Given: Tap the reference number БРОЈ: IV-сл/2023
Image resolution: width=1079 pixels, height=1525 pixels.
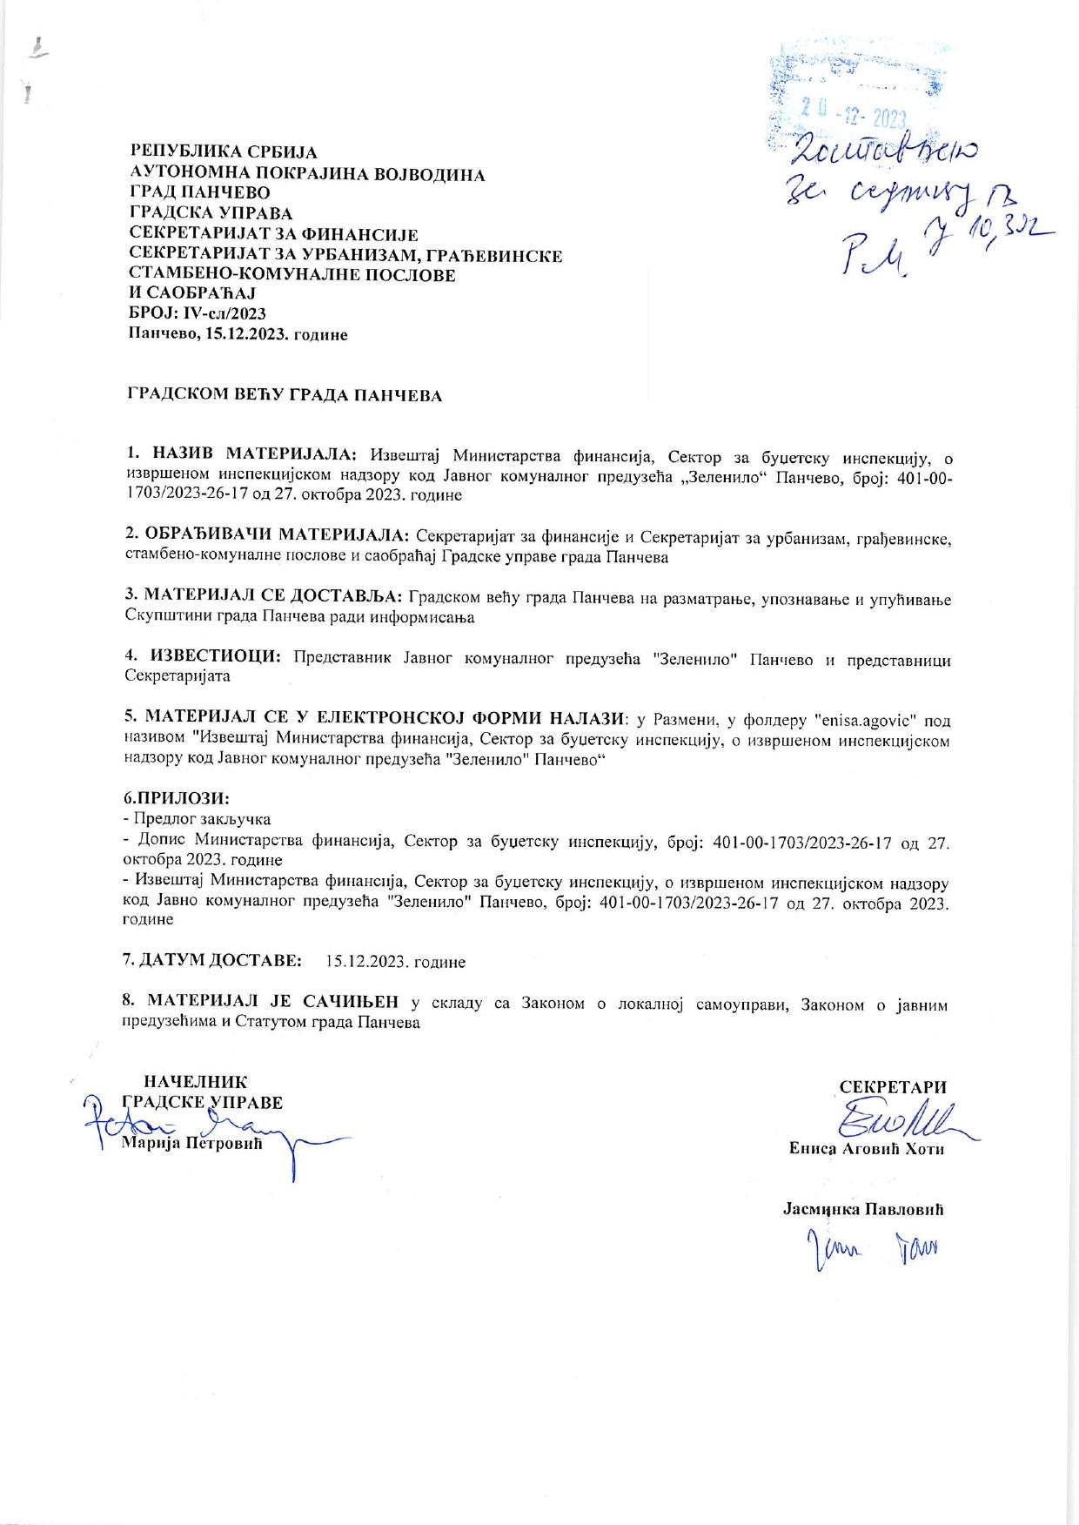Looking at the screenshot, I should click(x=197, y=314).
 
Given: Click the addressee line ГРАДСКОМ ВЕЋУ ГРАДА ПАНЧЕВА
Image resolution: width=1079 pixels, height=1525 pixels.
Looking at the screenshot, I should click(x=285, y=396).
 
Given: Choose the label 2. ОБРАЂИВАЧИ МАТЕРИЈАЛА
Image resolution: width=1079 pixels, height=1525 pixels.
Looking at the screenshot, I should click(x=267, y=535).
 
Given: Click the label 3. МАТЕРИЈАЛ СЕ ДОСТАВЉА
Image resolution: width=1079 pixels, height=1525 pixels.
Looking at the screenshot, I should click(x=264, y=596).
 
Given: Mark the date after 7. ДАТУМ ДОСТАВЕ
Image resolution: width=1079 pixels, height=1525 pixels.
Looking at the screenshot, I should click(x=395, y=962).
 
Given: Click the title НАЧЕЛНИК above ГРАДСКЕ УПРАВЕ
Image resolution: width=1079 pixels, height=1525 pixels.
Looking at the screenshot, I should click(x=196, y=1082).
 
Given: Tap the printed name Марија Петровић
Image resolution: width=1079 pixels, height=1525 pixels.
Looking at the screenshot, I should click(x=191, y=1142).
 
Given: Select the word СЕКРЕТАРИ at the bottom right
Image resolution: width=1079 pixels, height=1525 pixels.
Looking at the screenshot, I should click(x=892, y=1087).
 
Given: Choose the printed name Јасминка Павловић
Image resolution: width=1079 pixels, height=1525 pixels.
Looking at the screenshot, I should click(x=863, y=1210).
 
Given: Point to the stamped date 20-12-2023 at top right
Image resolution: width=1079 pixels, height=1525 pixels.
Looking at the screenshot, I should click(x=853, y=118).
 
